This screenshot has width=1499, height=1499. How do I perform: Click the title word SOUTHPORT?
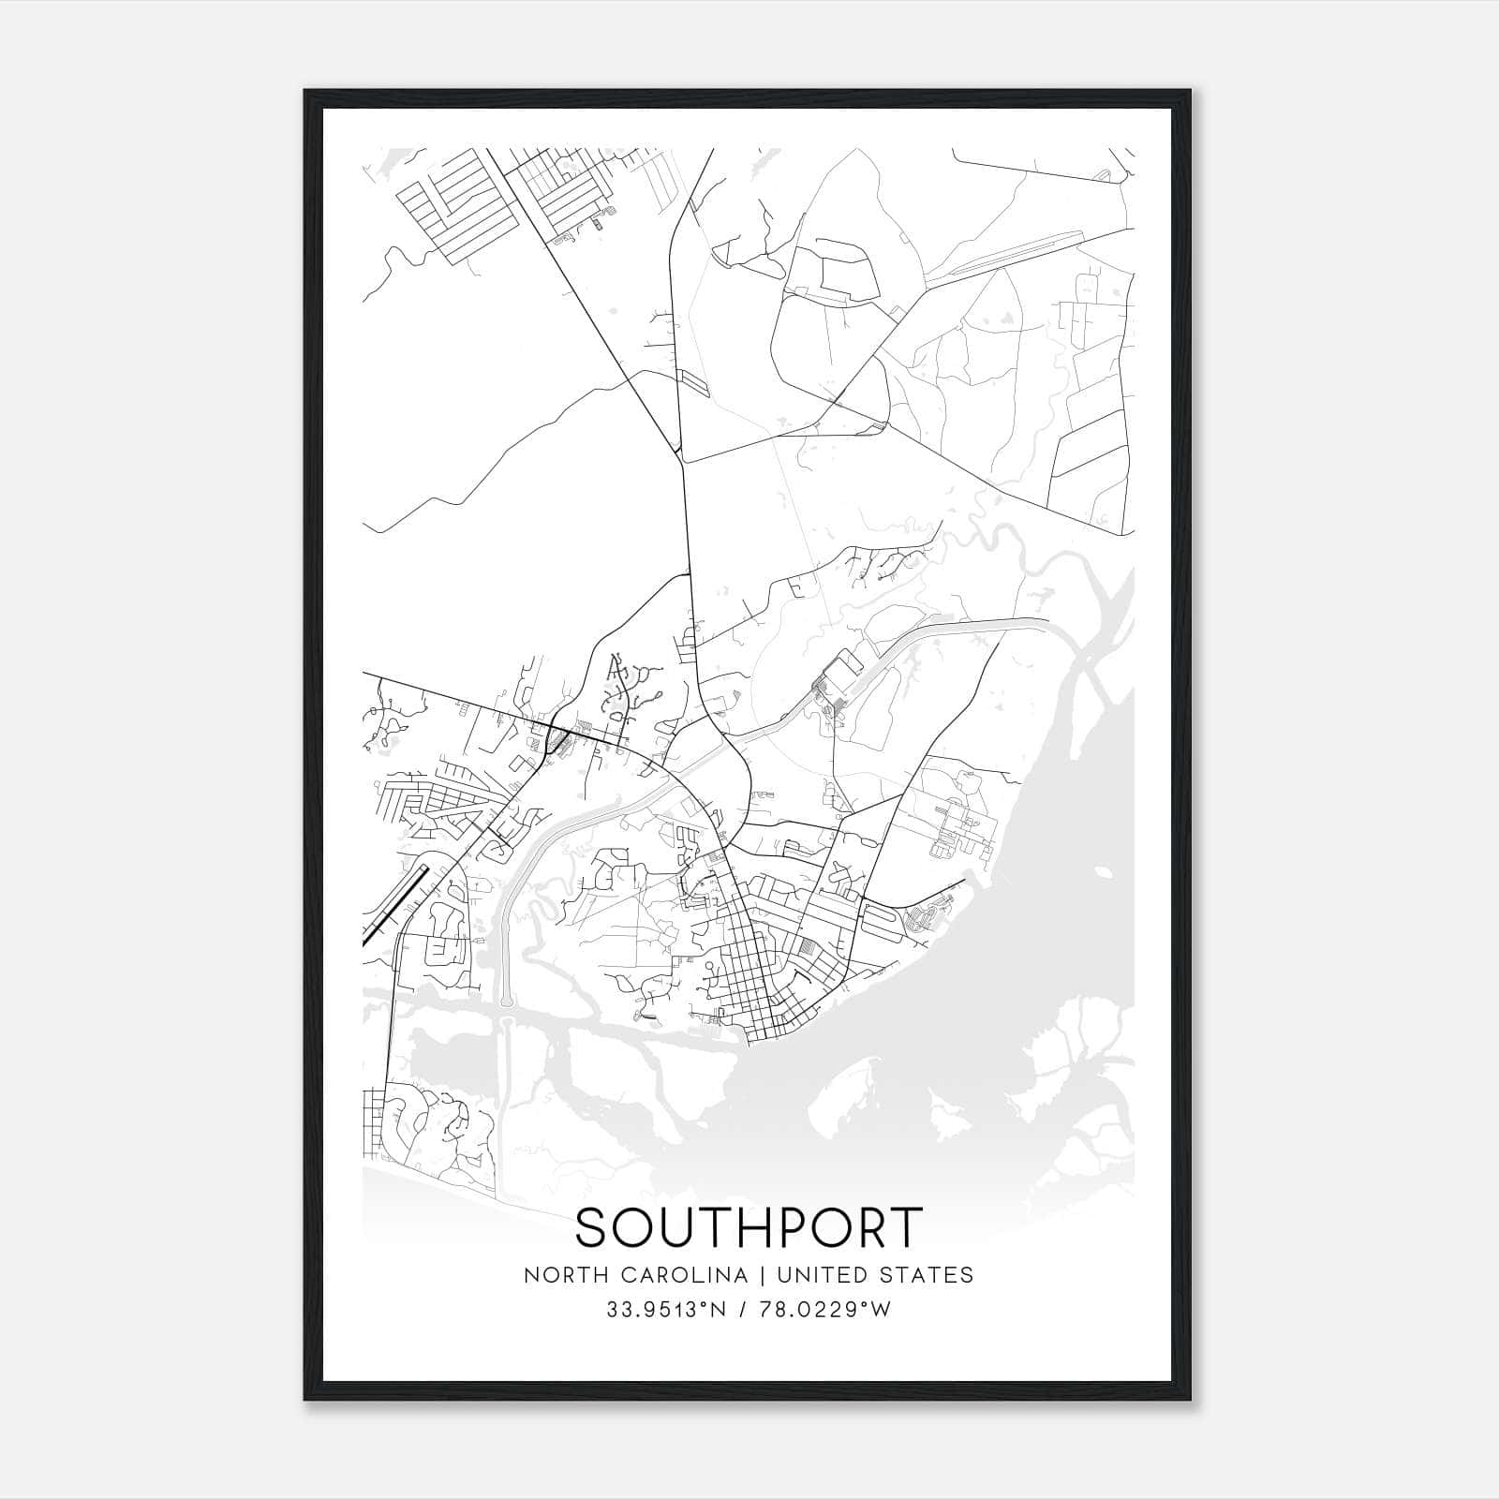coord(749,1227)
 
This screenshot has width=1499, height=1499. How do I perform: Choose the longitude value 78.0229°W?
coord(827,1310)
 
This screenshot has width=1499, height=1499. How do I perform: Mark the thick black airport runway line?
coord(395,903)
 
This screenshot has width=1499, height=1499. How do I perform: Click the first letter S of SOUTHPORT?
coord(593,1227)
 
